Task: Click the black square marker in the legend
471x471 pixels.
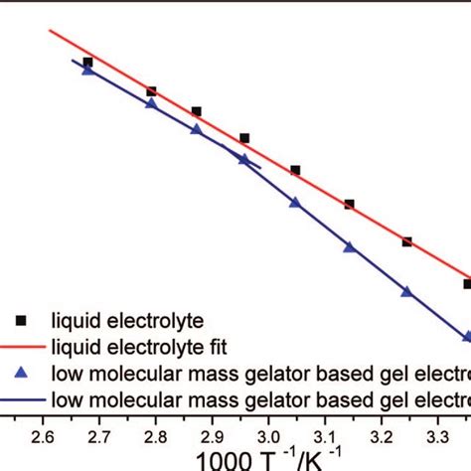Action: [24, 320]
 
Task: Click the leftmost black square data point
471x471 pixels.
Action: [88, 62]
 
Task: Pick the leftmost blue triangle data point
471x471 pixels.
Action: [88, 70]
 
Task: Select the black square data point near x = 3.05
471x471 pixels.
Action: [295, 170]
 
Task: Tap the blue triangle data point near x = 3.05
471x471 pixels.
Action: [295, 203]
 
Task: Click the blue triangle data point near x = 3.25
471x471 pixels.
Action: [406, 291]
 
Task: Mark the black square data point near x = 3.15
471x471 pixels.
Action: [350, 204]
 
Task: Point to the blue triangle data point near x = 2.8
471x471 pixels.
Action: [151, 103]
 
